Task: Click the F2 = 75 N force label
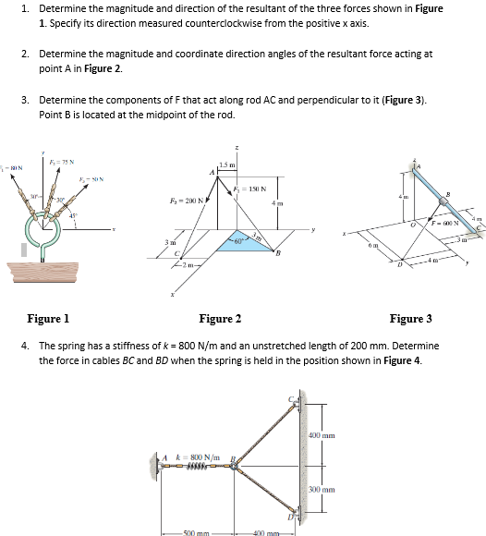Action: pos(64,164)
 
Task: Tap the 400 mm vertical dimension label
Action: pos(322,434)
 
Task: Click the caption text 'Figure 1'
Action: pos(48,318)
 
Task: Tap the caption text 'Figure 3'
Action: pos(410,318)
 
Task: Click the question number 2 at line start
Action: pos(25,54)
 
